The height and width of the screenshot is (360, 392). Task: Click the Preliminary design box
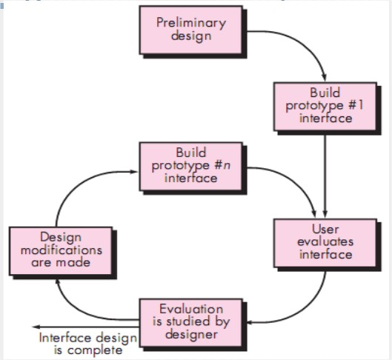click(x=190, y=30)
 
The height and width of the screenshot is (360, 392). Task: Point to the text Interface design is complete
click(x=88, y=344)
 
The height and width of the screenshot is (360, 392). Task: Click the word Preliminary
click(x=190, y=23)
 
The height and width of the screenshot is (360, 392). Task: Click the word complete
click(x=99, y=350)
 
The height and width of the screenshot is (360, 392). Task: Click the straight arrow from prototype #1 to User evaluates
click(x=325, y=170)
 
